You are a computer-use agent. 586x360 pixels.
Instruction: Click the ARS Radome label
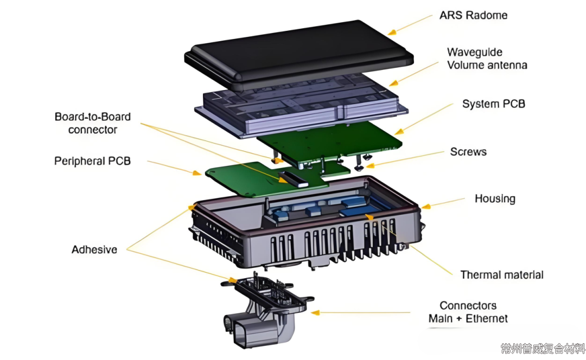click(473, 15)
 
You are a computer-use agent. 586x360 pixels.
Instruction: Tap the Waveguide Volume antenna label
click(487, 59)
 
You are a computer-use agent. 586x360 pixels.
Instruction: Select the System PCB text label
click(493, 104)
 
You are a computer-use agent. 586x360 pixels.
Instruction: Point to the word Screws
click(468, 152)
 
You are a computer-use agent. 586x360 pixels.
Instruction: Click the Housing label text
click(495, 198)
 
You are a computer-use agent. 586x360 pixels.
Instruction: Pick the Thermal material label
click(501, 275)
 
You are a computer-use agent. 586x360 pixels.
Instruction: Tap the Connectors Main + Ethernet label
click(468, 312)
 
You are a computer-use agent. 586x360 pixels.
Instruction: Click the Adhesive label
click(94, 250)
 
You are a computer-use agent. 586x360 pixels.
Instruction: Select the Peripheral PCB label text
click(92, 161)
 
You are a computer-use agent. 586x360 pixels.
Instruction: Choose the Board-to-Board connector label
click(93, 123)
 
